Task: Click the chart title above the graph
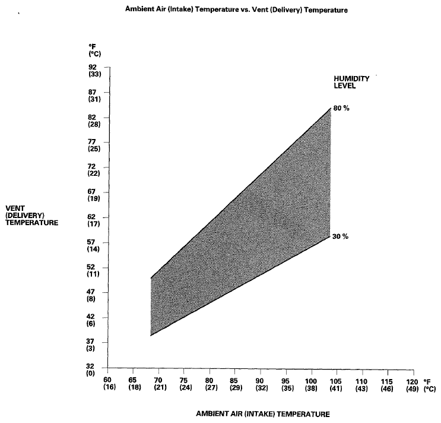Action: (x=236, y=10)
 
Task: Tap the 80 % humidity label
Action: (x=341, y=108)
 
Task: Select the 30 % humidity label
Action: (x=341, y=236)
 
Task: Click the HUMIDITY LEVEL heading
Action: (x=344, y=82)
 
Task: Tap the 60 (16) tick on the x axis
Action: (x=108, y=383)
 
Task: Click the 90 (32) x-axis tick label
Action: (x=260, y=383)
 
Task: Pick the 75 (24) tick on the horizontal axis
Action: (x=184, y=383)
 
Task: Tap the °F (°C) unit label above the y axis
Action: (x=95, y=50)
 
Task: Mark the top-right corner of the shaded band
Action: (x=329, y=109)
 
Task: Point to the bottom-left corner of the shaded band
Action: (x=151, y=336)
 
